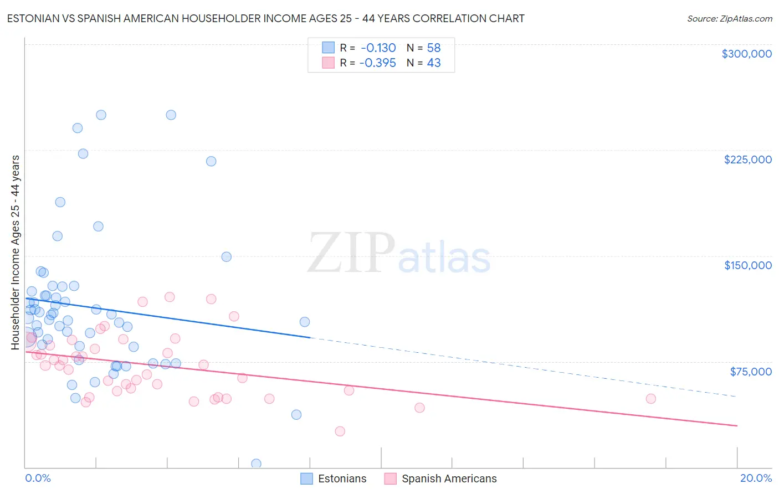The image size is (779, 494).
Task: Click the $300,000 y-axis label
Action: coord(746,54)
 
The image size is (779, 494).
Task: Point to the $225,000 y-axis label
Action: coord(747,159)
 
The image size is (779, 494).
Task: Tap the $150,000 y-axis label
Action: coord(747,265)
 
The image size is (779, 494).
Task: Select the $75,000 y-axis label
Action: coord(750,372)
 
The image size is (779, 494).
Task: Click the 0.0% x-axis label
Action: coord(38,478)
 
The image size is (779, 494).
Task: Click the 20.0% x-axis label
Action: coord(756,478)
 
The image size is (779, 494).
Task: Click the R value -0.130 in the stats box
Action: coord(378,48)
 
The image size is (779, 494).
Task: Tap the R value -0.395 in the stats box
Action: coord(377,63)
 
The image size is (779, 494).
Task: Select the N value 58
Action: coord(434,48)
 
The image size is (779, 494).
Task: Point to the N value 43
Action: coord(434,63)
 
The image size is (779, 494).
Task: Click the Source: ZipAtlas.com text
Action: coord(729,18)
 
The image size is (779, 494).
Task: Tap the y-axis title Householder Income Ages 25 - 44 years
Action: coord(15,252)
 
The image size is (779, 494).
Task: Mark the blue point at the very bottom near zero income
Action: coord(256,464)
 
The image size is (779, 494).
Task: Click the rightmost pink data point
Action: coord(651,399)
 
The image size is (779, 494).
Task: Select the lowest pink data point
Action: coord(340,431)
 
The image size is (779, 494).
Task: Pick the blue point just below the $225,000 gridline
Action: coord(211,161)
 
